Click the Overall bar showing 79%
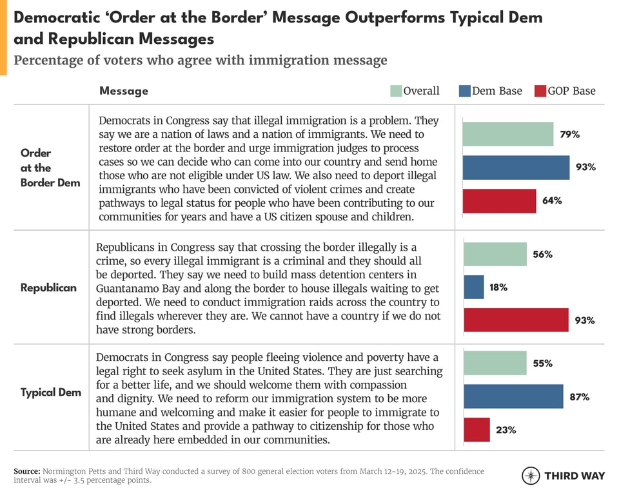507,134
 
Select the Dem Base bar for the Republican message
473,287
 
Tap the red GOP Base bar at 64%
499,200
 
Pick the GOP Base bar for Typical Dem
477,430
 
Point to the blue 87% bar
513,396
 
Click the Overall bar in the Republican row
495,254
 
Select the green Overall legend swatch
396,91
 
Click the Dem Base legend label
496,91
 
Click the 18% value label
498,287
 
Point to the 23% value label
506,430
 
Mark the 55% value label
542,364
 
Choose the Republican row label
48,287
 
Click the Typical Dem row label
50,393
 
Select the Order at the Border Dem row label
50,168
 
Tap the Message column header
123,91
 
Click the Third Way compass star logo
530,476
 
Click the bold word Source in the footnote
27,472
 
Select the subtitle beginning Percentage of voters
201,61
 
